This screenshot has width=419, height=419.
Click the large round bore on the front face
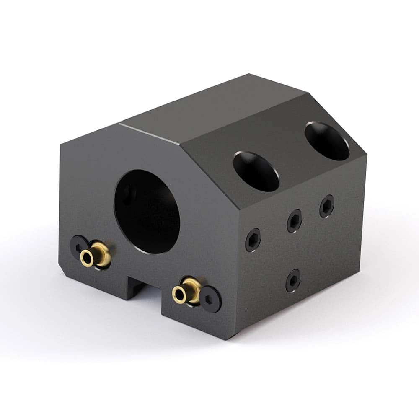[x=147, y=212]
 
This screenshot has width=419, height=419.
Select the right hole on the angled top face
[x=327, y=141]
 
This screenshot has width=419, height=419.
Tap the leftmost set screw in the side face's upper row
[x=253, y=240]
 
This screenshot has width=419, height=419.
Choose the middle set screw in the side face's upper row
[x=295, y=221]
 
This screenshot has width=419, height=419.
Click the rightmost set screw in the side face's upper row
[x=327, y=207]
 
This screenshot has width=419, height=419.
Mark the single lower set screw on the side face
[x=293, y=280]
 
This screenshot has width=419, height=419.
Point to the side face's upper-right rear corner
[x=366, y=156]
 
